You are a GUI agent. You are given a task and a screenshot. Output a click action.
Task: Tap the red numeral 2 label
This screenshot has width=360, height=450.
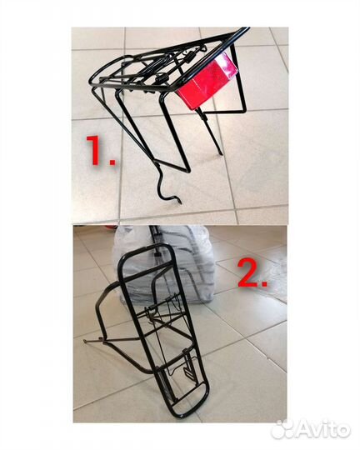tap(247, 274)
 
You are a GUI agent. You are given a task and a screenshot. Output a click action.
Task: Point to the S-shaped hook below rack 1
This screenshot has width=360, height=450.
tap(167, 183)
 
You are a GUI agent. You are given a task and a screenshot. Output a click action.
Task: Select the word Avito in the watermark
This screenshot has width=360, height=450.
tap(323, 431)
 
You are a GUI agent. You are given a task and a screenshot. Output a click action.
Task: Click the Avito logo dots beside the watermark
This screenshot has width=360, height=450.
tap(282, 430)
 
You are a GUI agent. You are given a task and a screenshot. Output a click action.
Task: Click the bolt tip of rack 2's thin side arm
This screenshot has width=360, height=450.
tap(86, 341)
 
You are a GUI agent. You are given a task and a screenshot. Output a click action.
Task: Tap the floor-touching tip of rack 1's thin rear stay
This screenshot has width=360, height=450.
tap(221, 153)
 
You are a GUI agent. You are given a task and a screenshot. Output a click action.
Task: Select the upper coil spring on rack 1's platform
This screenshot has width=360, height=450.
tap(189, 58)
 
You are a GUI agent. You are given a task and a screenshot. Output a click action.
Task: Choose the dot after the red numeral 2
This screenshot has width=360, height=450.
tap(262, 283)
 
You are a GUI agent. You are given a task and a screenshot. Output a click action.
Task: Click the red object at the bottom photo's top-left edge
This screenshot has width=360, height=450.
tap(108, 227)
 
